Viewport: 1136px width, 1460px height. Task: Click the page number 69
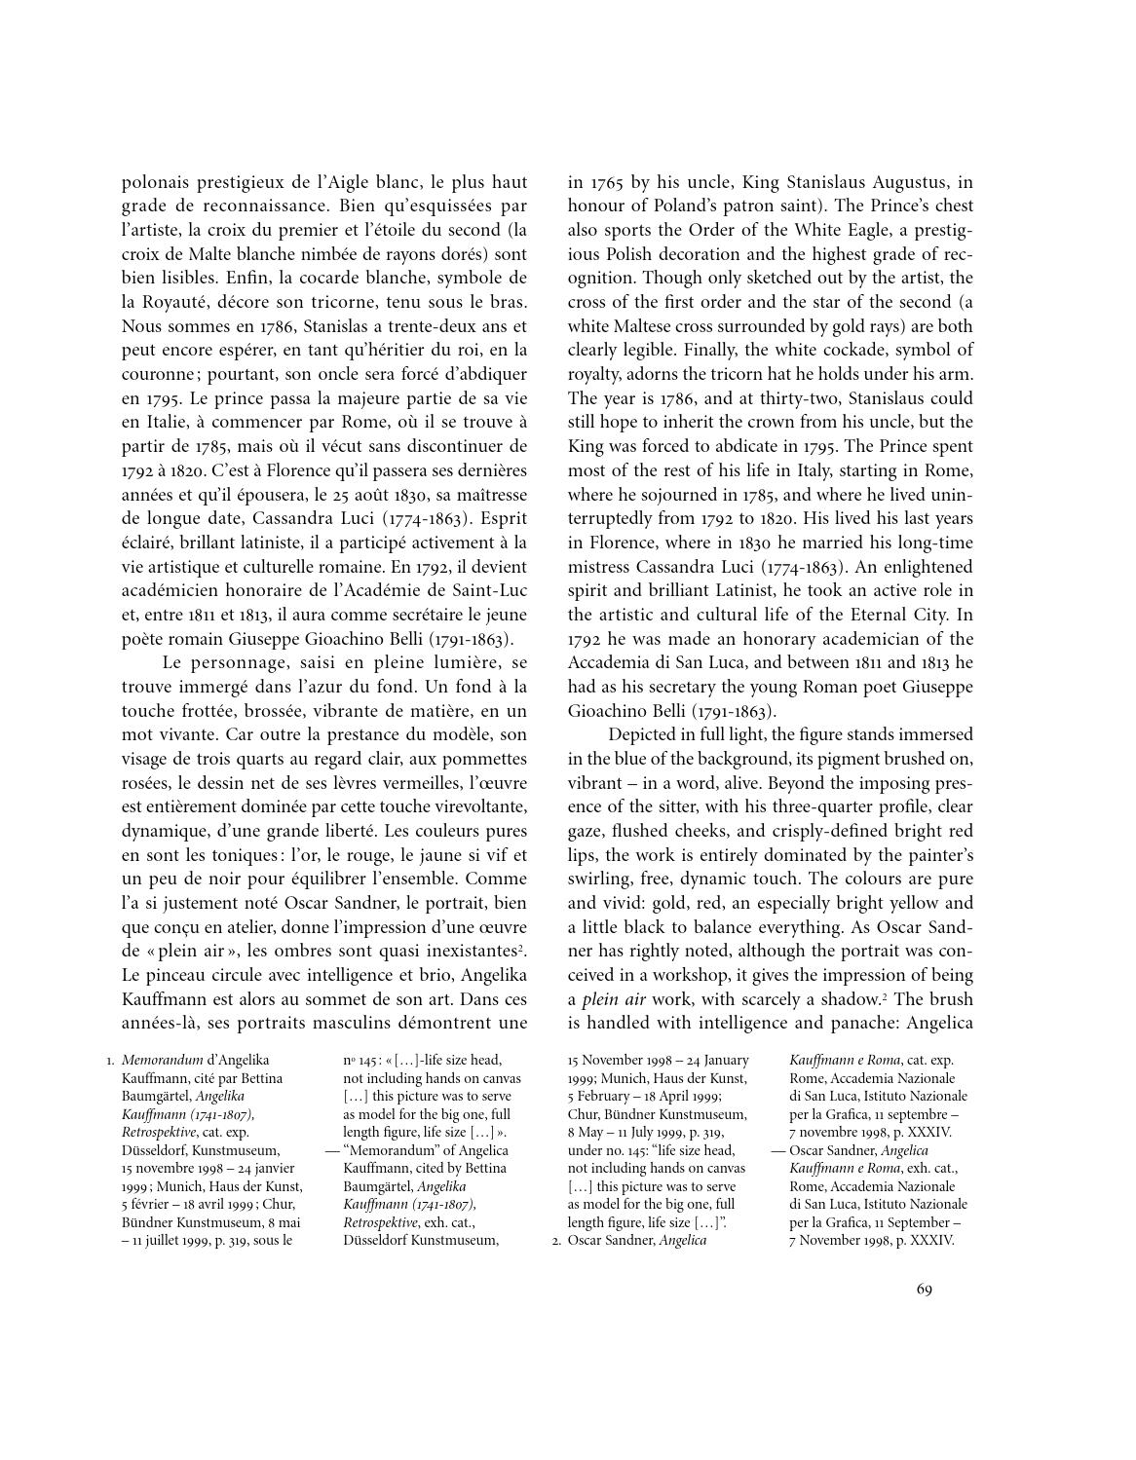925,1290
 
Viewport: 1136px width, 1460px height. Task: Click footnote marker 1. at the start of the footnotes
110,1060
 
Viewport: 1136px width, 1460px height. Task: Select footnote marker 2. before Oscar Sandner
556,1241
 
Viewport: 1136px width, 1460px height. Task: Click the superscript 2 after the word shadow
890,994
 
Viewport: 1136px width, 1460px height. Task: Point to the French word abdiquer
486,374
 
